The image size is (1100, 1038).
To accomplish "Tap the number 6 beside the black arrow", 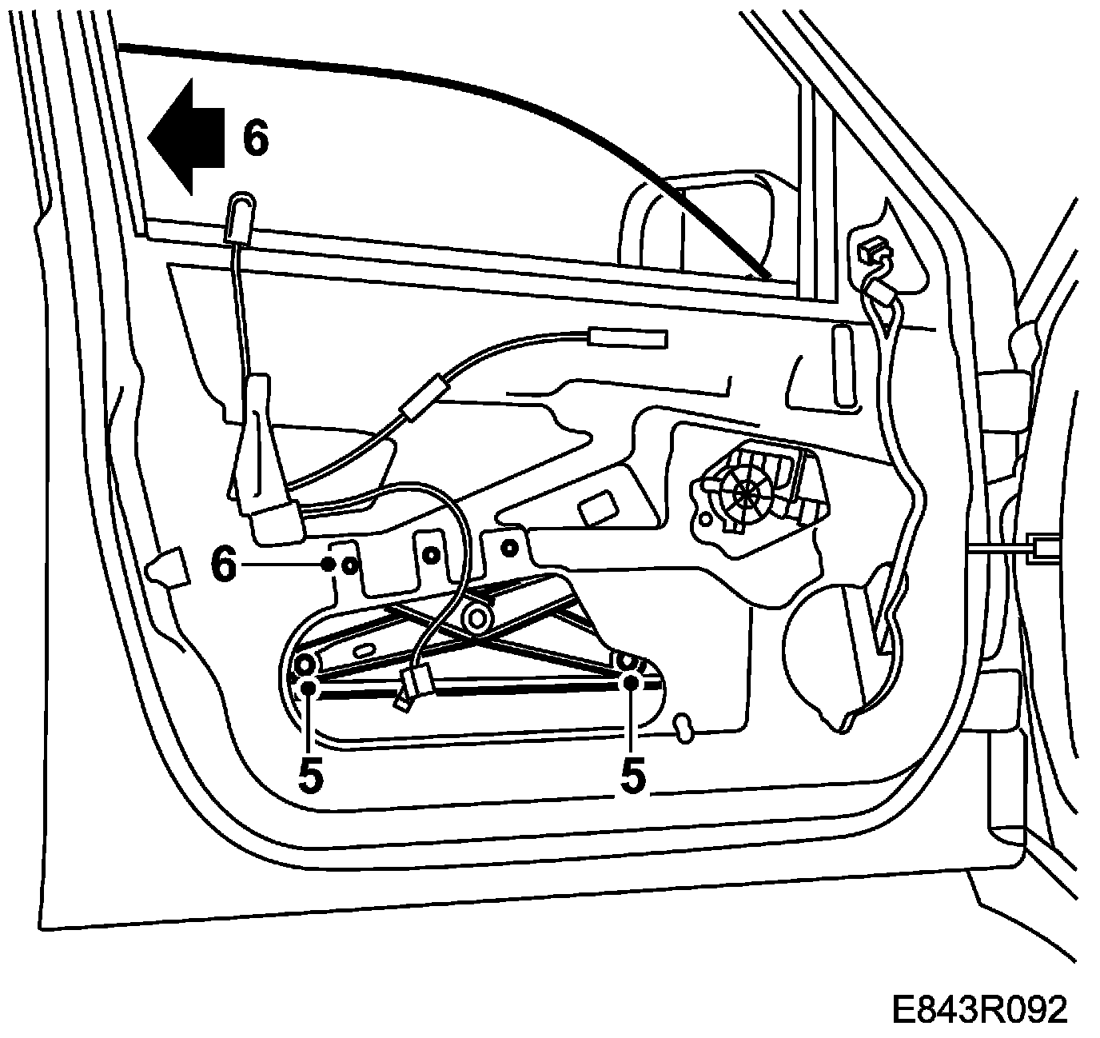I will pos(256,138).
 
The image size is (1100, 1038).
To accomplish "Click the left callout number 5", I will pos(310,775).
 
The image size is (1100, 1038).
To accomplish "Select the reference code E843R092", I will pos(979,1010).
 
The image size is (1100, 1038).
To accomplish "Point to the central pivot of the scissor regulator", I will pos(478,617).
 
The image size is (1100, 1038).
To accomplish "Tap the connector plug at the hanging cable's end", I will pos(414,684).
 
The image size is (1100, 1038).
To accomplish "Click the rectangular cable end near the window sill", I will pos(627,338).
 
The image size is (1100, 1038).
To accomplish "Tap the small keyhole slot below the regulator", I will pos(684,728).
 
